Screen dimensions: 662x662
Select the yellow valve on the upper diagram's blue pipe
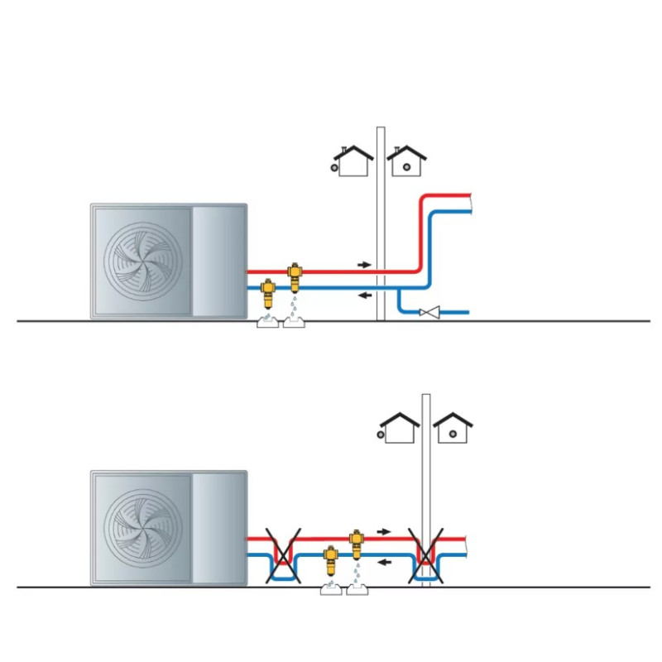coord(270,294)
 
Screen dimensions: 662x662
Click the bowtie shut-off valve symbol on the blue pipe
coord(429,312)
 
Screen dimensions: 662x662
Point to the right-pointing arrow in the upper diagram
coord(365,264)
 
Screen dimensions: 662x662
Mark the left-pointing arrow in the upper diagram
coord(365,295)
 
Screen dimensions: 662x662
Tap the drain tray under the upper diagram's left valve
coord(270,322)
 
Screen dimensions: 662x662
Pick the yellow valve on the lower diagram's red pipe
coord(356,543)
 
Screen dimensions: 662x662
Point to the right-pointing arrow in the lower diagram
coord(385,530)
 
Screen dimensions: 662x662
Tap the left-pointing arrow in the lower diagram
coord(385,561)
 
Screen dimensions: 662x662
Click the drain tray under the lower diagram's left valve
coord(331,589)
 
